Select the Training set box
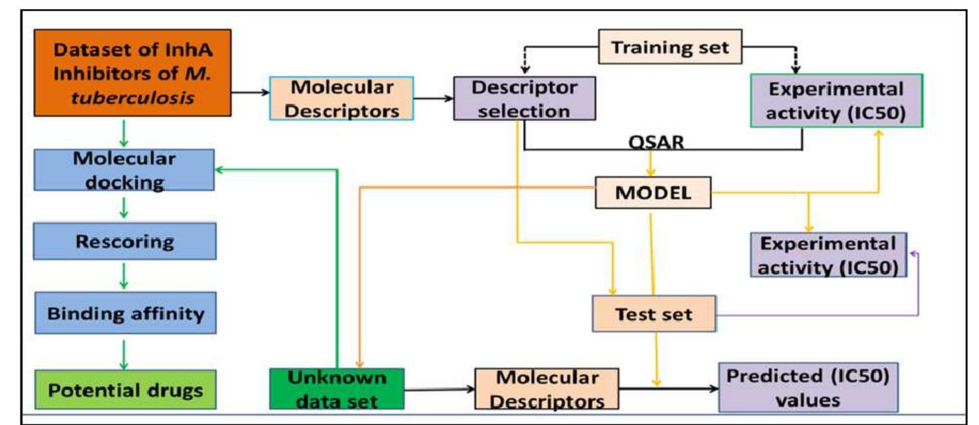(668, 47)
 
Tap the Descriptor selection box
(524, 99)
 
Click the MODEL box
(653, 193)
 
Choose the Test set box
(654, 314)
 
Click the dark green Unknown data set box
(336, 389)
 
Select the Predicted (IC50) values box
(808, 387)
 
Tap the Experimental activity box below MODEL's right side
(828, 255)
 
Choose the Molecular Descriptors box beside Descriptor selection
(341, 99)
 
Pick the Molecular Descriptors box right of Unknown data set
(547, 389)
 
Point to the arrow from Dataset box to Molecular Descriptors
(250, 94)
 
